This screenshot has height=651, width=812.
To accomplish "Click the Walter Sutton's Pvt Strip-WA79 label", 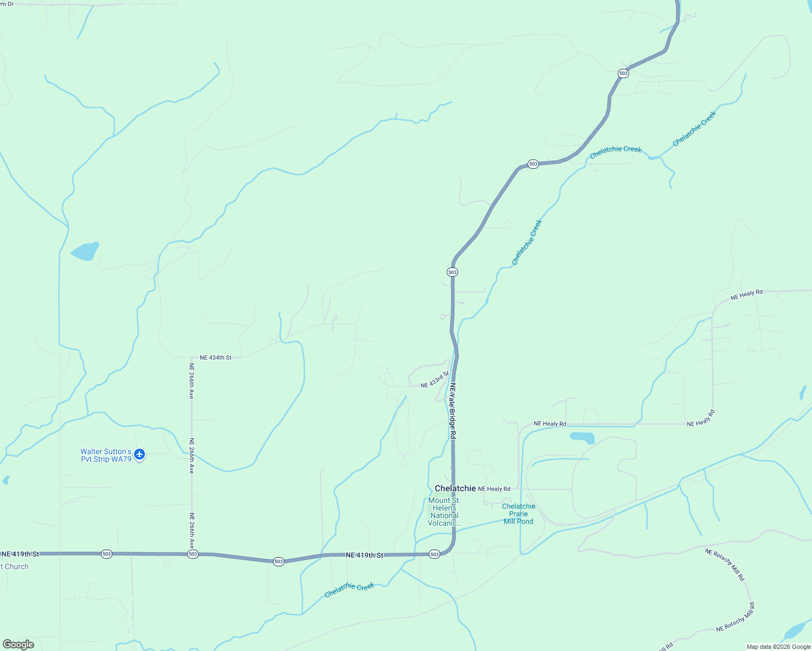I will [106, 455].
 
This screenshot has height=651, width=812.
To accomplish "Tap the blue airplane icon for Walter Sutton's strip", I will [140, 454].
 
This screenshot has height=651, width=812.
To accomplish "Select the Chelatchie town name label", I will [455, 488].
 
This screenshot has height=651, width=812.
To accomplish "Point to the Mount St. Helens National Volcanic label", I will [444, 512].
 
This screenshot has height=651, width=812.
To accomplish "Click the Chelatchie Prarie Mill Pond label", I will [518, 514].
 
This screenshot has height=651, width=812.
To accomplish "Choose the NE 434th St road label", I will [215, 358].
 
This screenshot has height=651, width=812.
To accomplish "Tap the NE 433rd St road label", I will [435, 379].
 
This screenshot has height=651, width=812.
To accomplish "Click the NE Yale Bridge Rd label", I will [452, 411].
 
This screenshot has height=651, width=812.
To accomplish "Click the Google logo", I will [18, 644].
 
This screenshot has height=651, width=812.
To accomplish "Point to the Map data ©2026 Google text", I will [778, 647].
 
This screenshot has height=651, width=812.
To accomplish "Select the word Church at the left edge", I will [16, 566].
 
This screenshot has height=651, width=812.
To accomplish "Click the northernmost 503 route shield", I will [623, 73].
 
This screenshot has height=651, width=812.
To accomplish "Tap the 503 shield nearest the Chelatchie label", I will [434, 554].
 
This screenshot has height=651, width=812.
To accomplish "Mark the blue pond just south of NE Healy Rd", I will [582, 437].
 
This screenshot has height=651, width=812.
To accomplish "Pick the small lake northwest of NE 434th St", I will [85, 251].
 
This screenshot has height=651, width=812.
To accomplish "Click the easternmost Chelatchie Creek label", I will [694, 129].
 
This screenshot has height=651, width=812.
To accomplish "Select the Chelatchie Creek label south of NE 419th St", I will [349, 590].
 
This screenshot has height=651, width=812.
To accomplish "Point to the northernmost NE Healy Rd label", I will [746, 295].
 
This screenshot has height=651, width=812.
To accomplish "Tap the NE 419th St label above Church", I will [21, 554].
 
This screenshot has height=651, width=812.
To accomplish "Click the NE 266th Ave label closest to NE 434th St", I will [191, 381].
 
